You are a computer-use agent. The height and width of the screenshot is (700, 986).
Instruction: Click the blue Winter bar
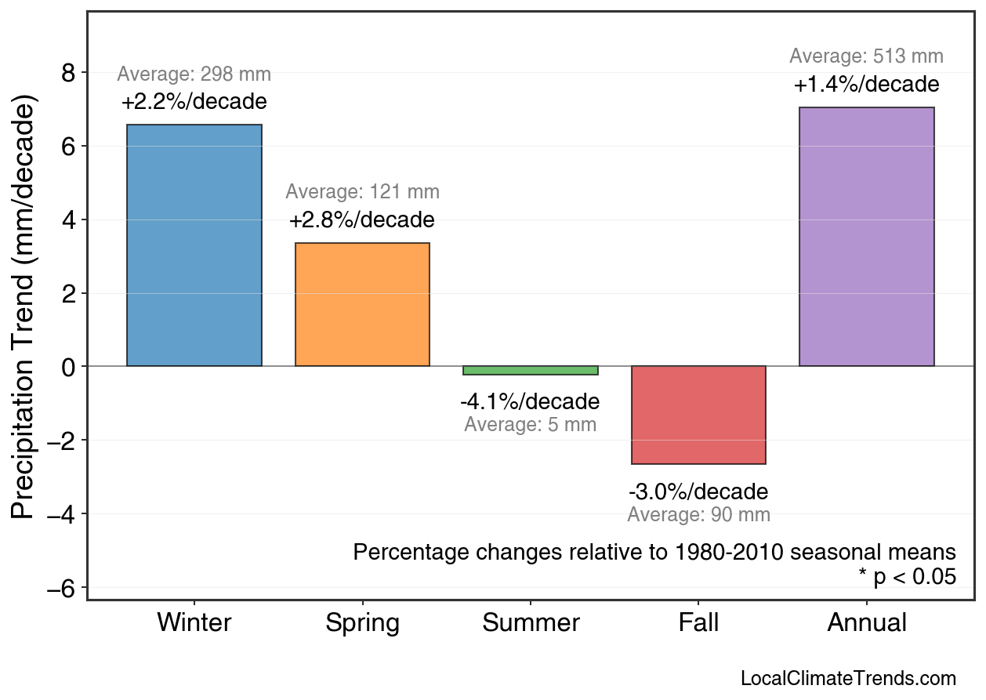coord(194,245)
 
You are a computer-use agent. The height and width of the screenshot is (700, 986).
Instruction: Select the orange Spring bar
coord(362,305)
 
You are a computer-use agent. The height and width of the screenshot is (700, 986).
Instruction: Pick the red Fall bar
coord(698,415)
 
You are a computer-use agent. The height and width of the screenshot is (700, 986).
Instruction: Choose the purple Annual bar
coord(866,237)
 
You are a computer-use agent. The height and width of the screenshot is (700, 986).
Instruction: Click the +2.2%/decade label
coord(194,102)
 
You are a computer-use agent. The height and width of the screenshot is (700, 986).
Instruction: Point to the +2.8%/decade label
coord(361,220)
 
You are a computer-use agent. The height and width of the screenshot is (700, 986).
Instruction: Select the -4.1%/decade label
coord(530,402)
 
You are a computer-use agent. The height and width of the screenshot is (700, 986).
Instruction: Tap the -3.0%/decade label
coord(698,492)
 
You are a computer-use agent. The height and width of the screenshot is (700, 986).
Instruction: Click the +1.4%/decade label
coord(866,85)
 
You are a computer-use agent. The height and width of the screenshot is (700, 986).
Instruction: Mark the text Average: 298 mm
coord(194,75)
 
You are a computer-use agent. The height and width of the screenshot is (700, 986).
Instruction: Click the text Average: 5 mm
coord(530,426)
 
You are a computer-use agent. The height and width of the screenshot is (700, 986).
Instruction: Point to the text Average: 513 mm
coord(866,56)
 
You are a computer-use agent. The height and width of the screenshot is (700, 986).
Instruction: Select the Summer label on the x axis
coord(531,623)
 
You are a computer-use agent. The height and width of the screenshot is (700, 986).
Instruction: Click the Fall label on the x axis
coord(698,623)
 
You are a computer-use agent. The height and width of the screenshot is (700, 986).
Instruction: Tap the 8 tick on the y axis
coord(68,74)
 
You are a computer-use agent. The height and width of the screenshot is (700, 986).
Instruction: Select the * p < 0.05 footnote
coord(907,577)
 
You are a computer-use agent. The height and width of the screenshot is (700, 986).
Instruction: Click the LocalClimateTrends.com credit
coord(848,679)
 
